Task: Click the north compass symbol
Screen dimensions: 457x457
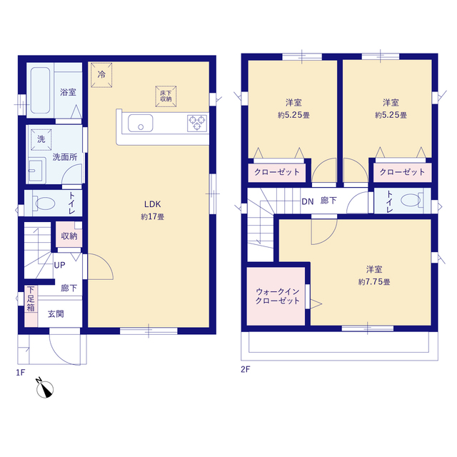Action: [44, 388]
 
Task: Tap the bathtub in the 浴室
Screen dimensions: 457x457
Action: [40, 91]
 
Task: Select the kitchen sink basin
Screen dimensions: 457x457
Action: [141, 123]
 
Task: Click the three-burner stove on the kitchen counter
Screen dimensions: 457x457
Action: [197, 123]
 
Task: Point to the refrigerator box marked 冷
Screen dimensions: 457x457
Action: [101, 75]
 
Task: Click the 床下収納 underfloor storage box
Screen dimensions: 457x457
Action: [166, 96]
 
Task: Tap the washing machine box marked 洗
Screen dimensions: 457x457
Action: [41, 140]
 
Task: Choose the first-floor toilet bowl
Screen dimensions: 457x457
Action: [44, 203]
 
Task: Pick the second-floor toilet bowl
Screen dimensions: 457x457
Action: [412, 200]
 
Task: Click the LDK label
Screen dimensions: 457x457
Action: [153, 204]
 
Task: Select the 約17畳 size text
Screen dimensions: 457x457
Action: [153, 216]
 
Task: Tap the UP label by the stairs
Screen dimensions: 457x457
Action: [59, 265]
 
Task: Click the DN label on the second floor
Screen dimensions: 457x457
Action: [308, 201]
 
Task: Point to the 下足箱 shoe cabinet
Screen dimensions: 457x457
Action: [31, 306]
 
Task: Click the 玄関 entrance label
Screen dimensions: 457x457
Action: [56, 314]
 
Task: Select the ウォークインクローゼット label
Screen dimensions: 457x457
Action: [278, 296]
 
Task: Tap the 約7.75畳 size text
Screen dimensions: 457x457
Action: [374, 282]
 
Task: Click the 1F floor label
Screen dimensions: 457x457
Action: [21, 373]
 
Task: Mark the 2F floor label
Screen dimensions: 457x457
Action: [246, 369]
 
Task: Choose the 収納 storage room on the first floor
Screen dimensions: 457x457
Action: [69, 235]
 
